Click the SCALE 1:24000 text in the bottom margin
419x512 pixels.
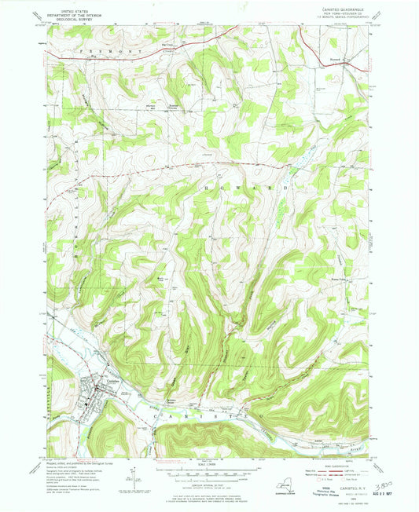point(208,464)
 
